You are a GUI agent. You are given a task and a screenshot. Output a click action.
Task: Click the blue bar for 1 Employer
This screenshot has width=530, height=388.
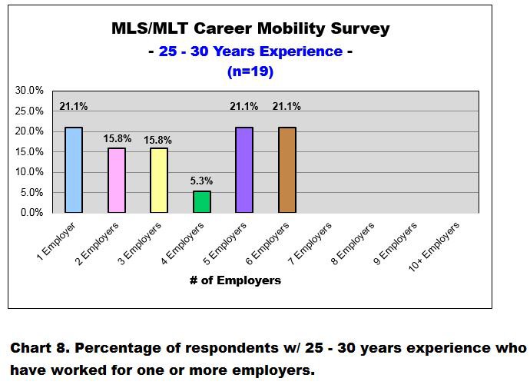(74, 170)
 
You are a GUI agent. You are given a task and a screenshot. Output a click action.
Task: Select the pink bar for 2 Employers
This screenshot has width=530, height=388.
(117, 180)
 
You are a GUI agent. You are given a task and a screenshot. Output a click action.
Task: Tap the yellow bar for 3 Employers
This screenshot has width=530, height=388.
(159, 180)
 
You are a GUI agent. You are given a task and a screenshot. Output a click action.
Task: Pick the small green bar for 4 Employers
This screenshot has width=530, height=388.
(201, 201)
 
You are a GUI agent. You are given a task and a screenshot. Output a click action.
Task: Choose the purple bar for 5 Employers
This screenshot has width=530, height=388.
(244, 170)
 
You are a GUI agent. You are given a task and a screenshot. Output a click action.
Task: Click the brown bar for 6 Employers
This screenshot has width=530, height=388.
(287, 170)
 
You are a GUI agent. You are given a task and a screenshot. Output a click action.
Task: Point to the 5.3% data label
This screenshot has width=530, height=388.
(201, 181)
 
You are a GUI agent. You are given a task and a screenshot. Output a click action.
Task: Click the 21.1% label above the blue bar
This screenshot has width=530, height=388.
(74, 107)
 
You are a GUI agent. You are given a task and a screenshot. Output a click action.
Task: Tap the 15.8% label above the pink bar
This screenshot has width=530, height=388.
(118, 139)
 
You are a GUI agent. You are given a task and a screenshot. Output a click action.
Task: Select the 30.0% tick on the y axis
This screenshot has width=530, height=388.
(30, 91)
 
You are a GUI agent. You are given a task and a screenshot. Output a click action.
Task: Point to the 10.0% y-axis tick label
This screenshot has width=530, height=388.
(30, 171)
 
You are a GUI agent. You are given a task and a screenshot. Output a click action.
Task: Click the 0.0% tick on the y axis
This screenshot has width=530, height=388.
(32, 212)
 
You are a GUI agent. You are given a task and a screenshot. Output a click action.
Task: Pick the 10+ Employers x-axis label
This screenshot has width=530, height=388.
(435, 242)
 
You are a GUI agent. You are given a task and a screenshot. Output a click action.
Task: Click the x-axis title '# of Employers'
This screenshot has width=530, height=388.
(235, 280)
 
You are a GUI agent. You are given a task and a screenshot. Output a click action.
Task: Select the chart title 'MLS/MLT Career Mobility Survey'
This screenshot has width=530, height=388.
(250, 30)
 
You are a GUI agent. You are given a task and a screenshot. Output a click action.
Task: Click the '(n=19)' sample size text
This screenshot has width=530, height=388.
(250, 72)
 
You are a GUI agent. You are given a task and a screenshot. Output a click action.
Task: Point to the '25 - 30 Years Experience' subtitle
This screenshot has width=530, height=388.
(250, 51)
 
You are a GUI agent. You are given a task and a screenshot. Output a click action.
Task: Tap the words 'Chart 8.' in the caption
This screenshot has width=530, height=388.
(39, 349)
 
